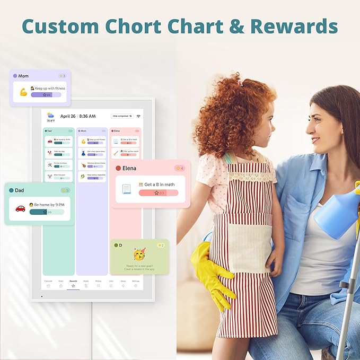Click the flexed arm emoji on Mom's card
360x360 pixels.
coord(23,92)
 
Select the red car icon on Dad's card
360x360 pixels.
coord(20,208)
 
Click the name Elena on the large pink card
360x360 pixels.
coord(129,168)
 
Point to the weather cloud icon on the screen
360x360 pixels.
coord(50,115)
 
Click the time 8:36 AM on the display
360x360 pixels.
coord(87,116)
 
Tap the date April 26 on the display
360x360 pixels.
coord(68,116)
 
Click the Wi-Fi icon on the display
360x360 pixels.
coord(138,116)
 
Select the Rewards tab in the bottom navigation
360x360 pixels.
coord(73,283)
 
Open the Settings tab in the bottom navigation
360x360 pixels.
coord(136,283)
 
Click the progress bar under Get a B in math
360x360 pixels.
coord(159,193)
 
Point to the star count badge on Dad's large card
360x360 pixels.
coord(65,190)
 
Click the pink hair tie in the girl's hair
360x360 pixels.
coord(240,82)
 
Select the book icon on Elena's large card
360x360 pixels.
coord(126,189)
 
